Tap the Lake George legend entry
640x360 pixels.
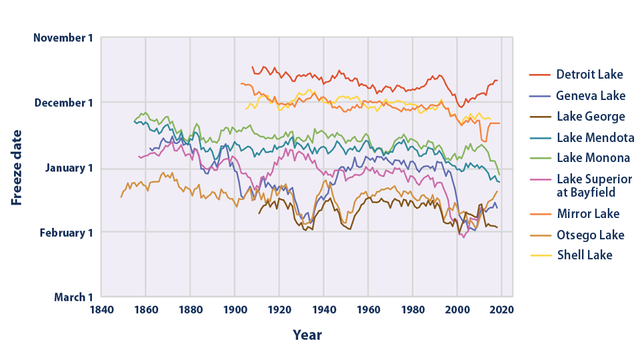tap(591, 117)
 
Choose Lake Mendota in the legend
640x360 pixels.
tap(595, 138)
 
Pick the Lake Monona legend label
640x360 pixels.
tap(593, 158)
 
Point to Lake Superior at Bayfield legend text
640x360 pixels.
tap(594, 185)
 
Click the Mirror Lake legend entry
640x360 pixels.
tap(587, 214)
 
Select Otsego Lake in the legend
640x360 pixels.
tap(590, 235)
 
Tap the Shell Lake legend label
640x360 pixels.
tap(584, 255)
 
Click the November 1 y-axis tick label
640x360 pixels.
tap(63, 38)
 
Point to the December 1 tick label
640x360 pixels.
tap(63, 103)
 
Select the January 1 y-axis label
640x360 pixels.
tap(67, 168)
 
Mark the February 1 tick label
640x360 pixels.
tap(65, 233)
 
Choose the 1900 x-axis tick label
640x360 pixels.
tap(235, 309)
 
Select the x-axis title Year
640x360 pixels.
tap(307, 335)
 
